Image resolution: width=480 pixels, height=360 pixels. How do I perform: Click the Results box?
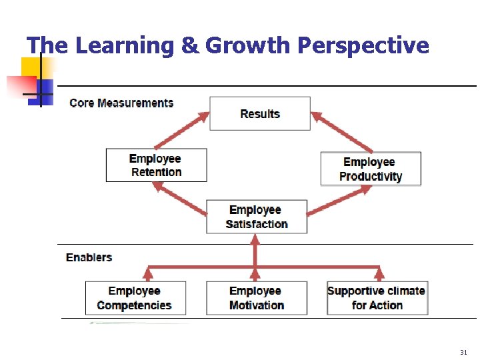tap(260, 113)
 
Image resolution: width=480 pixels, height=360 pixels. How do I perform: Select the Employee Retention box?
tap(156, 165)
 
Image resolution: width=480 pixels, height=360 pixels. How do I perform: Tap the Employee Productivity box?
tap(371, 169)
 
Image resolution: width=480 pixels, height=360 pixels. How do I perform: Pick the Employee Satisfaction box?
tap(257, 217)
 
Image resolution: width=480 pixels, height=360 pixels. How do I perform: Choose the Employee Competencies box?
tap(135, 298)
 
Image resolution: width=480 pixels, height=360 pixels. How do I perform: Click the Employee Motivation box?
tap(257, 298)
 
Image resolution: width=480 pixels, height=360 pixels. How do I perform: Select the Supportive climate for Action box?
tap(377, 298)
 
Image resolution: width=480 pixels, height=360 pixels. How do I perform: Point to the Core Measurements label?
tap(121, 103)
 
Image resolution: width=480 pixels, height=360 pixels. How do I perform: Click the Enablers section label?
tap(89, 257)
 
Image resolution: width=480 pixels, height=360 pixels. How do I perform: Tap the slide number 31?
tap(463, 352)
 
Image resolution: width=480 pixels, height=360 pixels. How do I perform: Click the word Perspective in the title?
tap(363, 45)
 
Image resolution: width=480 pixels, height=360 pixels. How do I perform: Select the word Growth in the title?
tap(249, 45)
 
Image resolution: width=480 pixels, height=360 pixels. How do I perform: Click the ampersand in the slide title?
tap(189, 45)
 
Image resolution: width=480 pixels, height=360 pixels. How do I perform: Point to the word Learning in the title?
tap(125, 45)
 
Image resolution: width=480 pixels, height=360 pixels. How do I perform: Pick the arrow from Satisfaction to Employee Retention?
tap(180, 198)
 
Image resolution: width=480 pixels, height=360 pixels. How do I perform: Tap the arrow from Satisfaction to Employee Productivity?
tap(339, 199)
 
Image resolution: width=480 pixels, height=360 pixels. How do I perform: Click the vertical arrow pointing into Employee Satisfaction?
tap(254, 250)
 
